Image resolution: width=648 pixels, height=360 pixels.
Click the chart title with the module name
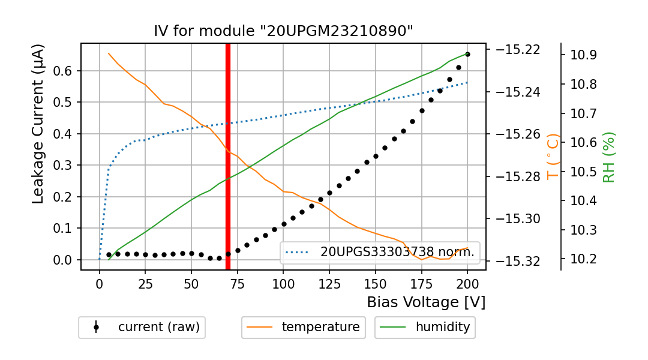point(283,31)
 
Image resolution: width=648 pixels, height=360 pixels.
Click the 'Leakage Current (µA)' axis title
point(38,124)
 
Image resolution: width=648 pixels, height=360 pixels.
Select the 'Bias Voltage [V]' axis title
point(426,302)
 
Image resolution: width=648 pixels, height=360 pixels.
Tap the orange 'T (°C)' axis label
point(553,157)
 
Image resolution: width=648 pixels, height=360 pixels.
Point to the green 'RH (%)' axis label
point(609,157)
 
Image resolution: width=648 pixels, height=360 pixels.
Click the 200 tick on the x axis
point(467,283)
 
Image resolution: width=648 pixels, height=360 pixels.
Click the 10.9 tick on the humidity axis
point(584,55)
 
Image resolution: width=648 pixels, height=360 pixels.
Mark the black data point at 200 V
point(467,54)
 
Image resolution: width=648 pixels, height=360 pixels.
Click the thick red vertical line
point(228,156)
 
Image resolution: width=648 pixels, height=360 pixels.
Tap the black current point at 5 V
point(109,254)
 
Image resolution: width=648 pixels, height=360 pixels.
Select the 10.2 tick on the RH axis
point(584,259)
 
